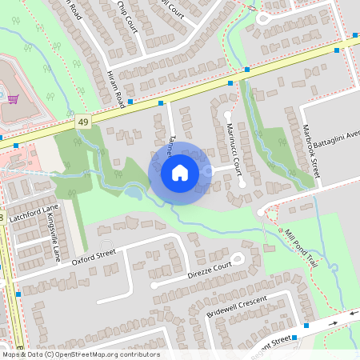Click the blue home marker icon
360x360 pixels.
180,172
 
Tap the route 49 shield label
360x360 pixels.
83,122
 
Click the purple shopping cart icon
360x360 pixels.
13,100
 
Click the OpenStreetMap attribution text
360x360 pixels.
80,354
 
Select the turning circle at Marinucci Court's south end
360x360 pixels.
242,184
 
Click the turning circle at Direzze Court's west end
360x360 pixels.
154,285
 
